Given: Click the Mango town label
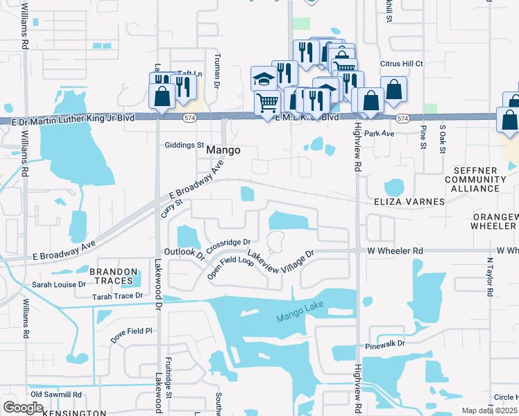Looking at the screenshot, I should (223, 150).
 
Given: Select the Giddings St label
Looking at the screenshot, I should (185, 146).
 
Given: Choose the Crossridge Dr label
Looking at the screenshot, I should (228, 245).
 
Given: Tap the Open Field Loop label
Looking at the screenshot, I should (232, 266).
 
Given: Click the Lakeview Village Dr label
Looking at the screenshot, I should (281, 261).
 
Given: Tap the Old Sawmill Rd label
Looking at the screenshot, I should (52, 394).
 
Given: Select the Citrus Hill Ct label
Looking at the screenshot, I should (401, 63).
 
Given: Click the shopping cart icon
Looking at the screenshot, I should (267, 103).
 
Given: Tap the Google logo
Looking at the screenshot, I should (23, 407).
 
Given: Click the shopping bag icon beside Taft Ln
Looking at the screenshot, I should (162, 96).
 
